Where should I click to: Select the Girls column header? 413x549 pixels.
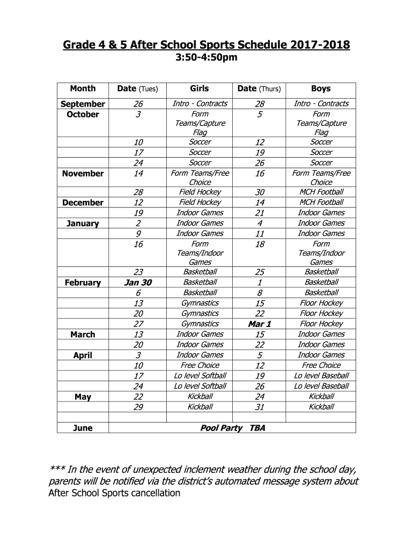[x=200, y=88]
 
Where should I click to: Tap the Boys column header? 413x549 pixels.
[x=321, y=88]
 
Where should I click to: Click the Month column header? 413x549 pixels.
[x=83, y=88]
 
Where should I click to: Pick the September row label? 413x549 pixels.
[x=83, y=104]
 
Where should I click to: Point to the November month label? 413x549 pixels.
[x=83, y=174]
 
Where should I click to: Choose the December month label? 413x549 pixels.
[x=83, y=203]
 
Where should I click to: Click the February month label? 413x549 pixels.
[x=83, y=283]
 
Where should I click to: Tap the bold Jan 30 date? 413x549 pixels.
[x=138, y=283]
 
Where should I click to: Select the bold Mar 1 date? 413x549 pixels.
[x=260, y=324]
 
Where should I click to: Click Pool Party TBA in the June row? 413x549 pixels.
[x=232, y=428]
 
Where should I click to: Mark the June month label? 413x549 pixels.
[x=83, y=428]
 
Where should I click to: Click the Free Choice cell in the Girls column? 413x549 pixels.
[x=200, y=365]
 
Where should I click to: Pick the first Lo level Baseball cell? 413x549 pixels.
[x=321, y=375]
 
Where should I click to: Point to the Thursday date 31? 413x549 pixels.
[x=260, y=407]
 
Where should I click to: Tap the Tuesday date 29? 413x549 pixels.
[x=138, y=407]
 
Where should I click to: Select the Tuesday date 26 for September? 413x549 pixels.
[x=138, y=104]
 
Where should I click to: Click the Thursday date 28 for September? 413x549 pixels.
[x=260, y=104]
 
